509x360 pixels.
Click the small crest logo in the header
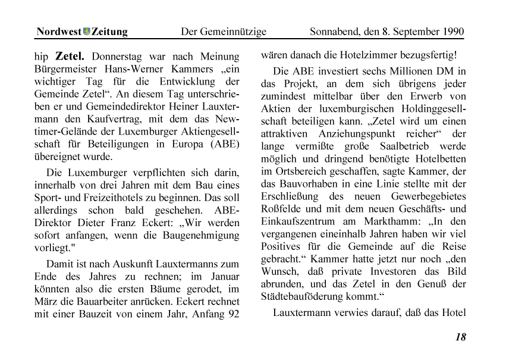click(x=86, y=32)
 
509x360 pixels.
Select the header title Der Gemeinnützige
click(x=223, y=32)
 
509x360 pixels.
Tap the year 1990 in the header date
click(x=451, y=32)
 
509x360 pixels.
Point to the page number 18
click(x=460, y=337)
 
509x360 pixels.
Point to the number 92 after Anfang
click(x=232, y=315)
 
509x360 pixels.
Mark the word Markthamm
click(x=398, y=221)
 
